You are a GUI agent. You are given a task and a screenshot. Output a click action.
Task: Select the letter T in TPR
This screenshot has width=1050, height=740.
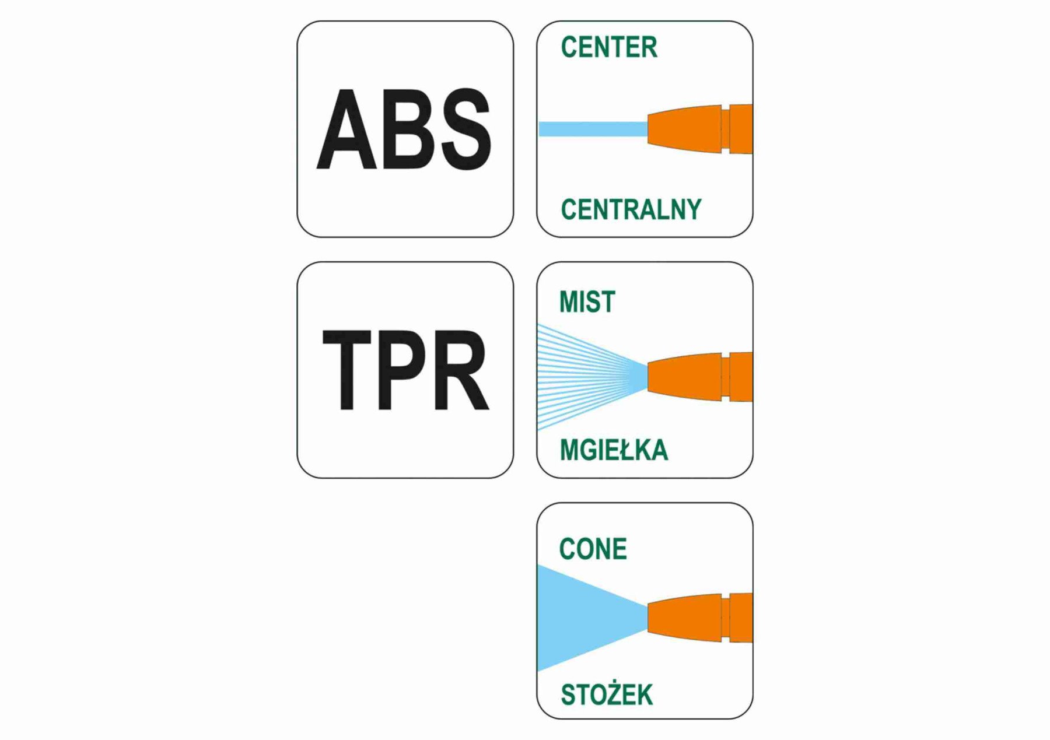click(x=346, y=370)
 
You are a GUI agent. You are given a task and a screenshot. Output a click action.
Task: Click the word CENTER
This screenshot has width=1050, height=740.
click(x=608, y=47)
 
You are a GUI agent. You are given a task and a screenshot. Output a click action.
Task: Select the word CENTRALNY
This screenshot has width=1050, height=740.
click(x=631, y=209)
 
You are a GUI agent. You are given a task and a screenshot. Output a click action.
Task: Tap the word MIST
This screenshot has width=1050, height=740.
click(x=587, y=302)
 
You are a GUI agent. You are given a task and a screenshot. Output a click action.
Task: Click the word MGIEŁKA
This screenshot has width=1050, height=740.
click(x=614, y=451)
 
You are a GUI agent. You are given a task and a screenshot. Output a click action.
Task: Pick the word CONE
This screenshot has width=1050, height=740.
click(x=593, y=549)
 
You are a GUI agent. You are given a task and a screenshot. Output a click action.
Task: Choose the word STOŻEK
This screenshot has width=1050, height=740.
click(x=607, y=695)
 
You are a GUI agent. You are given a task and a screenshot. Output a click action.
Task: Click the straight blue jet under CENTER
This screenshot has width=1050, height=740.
click(x=592, y=129)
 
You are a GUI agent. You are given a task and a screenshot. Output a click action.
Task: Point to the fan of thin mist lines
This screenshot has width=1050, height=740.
click(x=583, y=377)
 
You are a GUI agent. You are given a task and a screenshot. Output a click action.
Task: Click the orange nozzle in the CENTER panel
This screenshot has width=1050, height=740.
click(x=700, y=129)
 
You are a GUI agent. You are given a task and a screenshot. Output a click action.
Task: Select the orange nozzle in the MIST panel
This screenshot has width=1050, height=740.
click(x=700, y=377)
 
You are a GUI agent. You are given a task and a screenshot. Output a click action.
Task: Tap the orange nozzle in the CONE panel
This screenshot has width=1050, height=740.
click(x=700, y=618)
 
